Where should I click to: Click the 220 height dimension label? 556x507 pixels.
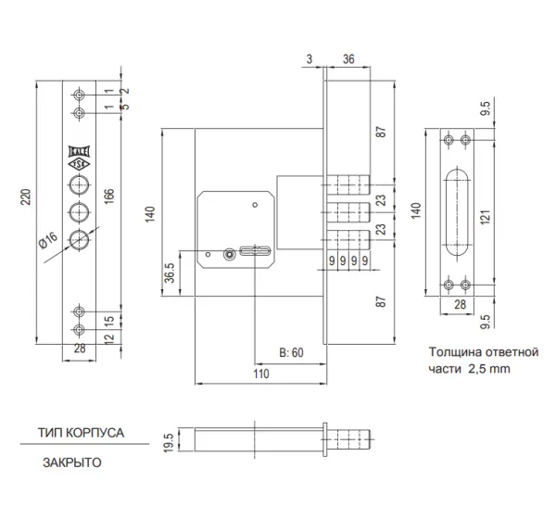click(26, 197)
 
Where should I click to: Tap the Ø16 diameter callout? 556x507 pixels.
click(48, 240)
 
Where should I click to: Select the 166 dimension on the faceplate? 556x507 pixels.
click(109, 196)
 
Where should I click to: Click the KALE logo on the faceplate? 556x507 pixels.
click(80, 151)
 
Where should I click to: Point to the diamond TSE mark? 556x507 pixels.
click(80, 164)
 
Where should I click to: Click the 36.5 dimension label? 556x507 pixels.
click(170, 273)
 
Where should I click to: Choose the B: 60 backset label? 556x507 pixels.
click(292, 352)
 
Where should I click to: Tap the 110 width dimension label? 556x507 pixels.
click(261, 374)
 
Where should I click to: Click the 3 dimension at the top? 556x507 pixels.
click(310, 59)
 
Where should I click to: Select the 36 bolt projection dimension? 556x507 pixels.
click(348, 59)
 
